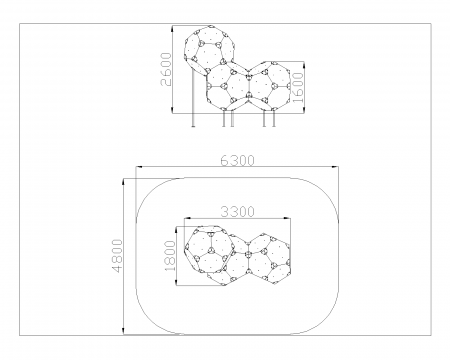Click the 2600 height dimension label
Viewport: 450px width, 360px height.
(166, 69)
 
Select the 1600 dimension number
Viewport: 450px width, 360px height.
(297, 88)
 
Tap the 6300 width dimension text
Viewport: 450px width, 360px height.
(237, 161)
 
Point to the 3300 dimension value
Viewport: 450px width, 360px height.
(237, 212)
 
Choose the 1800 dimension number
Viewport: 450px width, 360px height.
(170, 256)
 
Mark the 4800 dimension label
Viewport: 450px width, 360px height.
(117, 256)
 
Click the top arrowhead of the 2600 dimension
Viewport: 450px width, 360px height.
(172, 29)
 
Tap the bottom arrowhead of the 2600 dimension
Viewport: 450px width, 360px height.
(172, 110)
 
